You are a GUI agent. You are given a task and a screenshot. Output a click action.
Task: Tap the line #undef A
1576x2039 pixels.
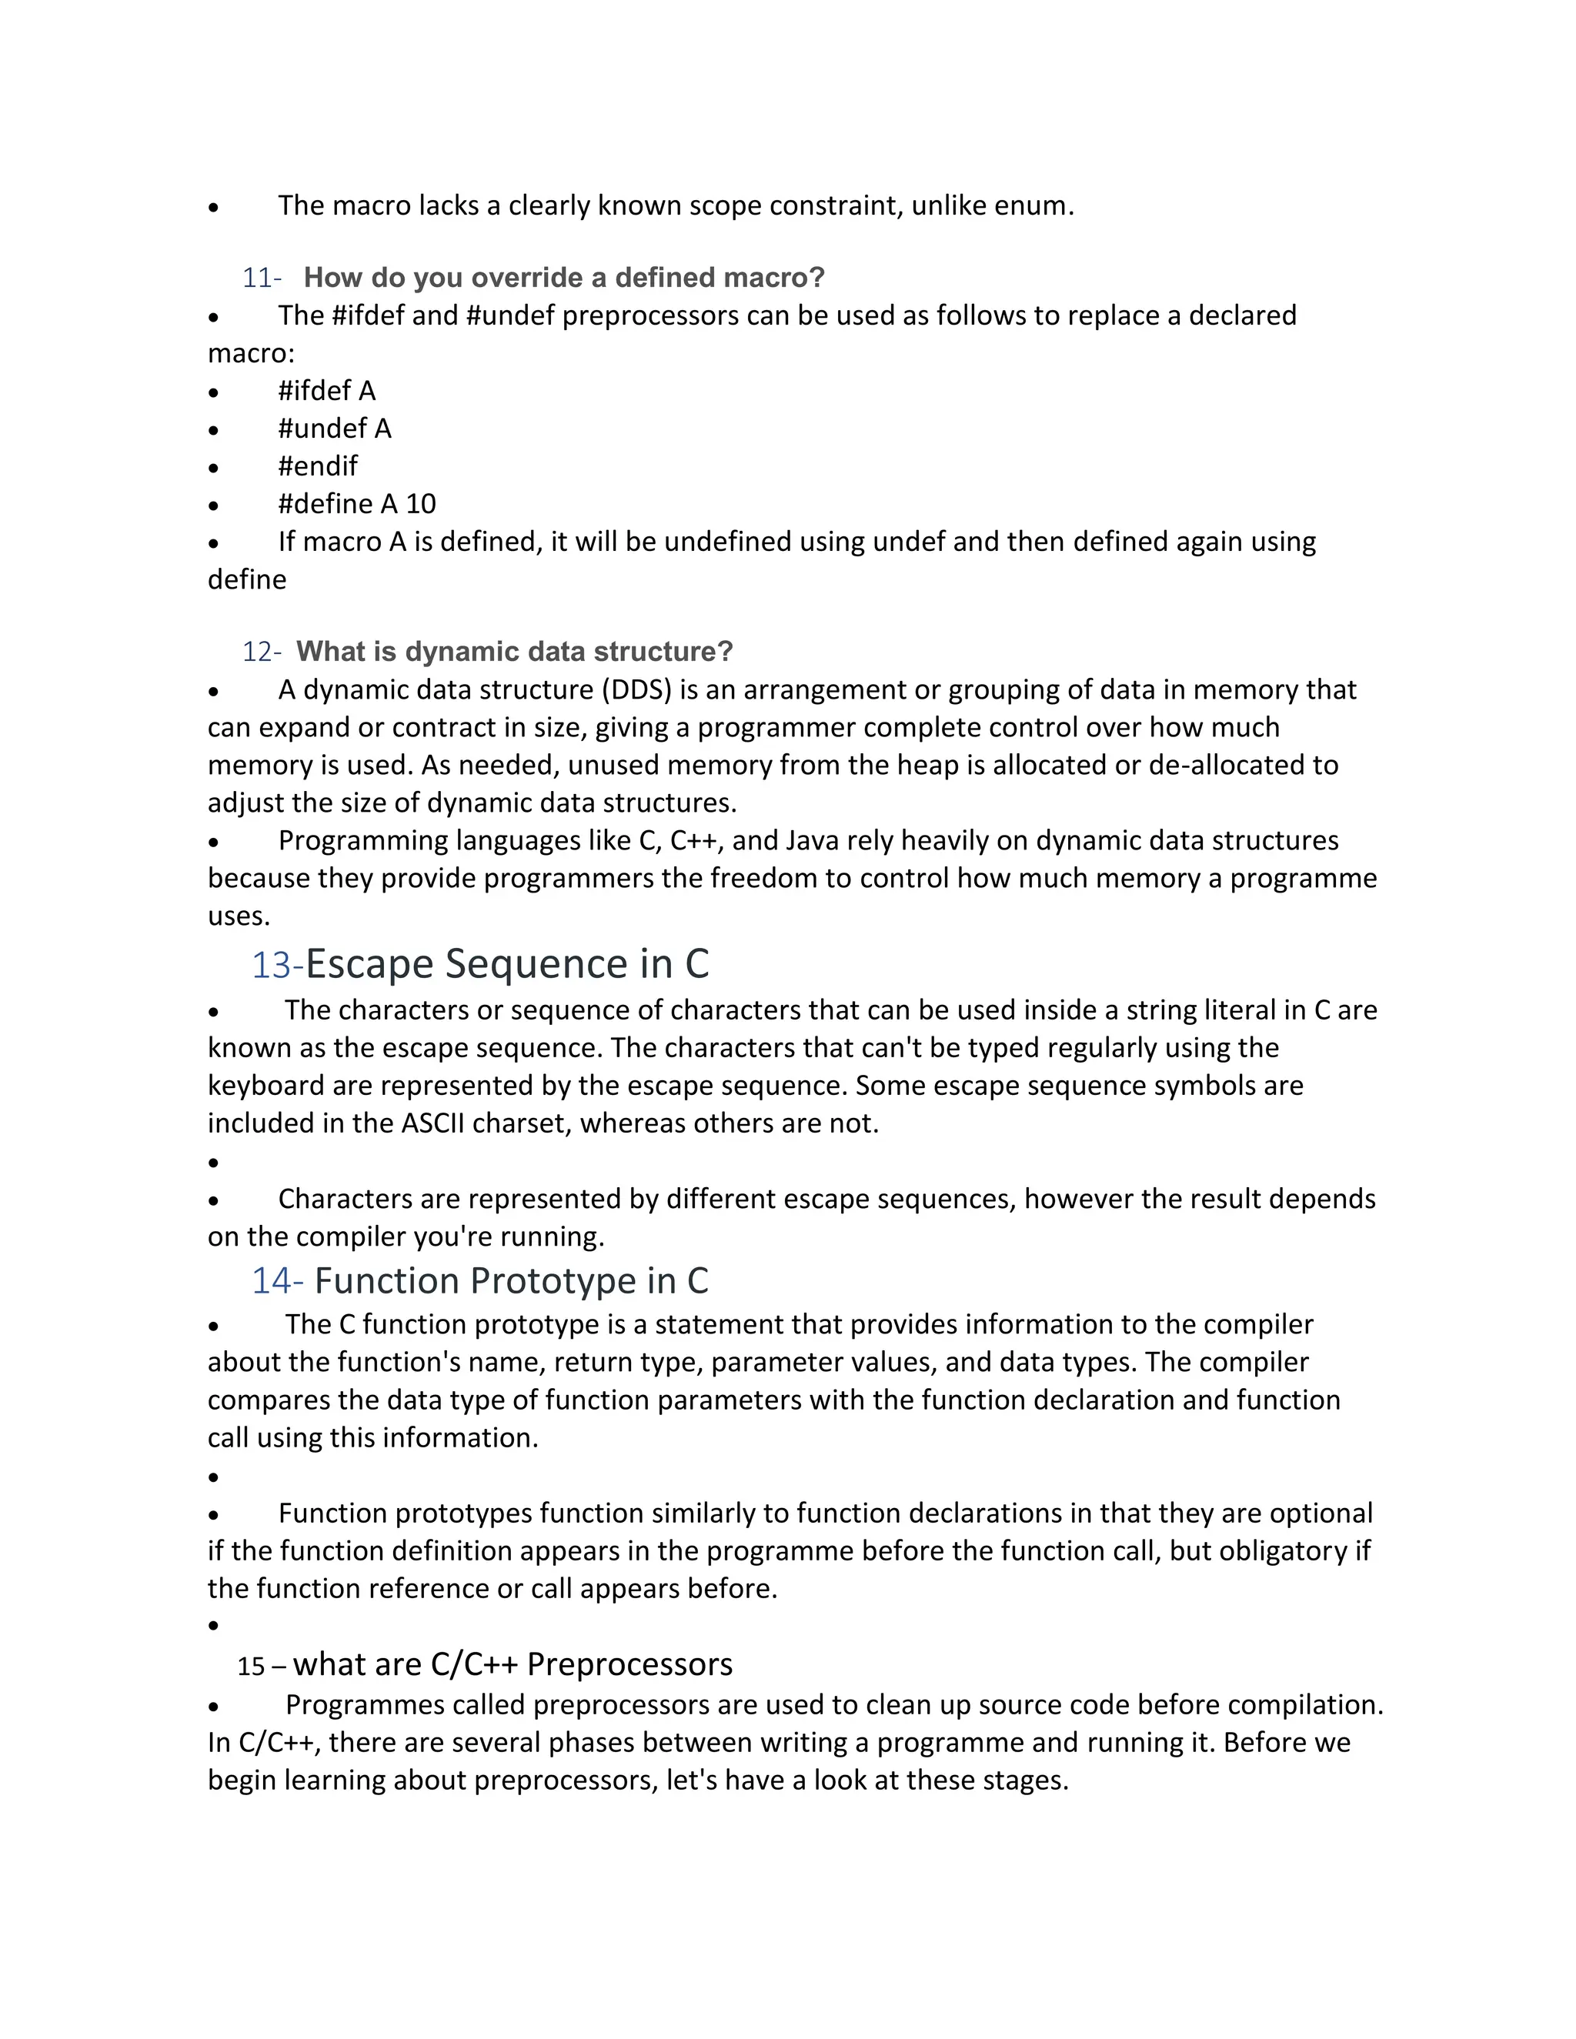tap(334, 429)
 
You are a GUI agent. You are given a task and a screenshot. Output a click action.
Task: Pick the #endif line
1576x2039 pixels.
tap(318, 466)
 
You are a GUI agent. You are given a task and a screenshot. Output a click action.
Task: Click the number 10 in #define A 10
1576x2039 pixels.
tap(420, 504)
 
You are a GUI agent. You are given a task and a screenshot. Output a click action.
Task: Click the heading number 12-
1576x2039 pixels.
tap(261, 652)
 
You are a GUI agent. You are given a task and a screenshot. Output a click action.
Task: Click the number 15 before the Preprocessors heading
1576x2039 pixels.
tap(250, 1667)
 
